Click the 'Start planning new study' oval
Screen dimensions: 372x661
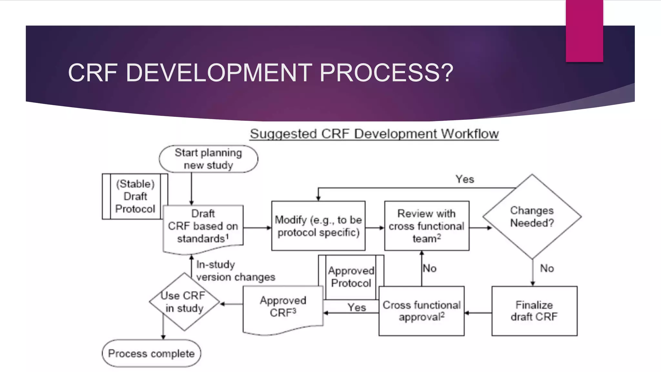208,159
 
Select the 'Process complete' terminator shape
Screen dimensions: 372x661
151,353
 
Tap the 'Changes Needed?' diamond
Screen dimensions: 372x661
532,217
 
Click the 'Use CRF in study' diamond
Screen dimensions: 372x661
184,302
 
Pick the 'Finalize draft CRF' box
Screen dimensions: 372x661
534,311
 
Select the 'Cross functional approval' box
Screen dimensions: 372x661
422,311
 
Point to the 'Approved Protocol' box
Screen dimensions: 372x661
351,277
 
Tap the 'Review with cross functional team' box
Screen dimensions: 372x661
426,226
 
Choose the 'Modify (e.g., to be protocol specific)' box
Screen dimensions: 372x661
318,226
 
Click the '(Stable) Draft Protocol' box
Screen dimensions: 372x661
135,196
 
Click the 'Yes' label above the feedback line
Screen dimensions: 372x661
464,179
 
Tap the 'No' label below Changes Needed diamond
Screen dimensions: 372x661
547,268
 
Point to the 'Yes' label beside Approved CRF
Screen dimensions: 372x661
356,307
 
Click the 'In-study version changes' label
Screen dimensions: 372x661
235,271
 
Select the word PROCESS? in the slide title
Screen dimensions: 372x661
386,73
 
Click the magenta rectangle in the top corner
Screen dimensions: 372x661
584,31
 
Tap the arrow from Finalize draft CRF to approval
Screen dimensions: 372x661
478,313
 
